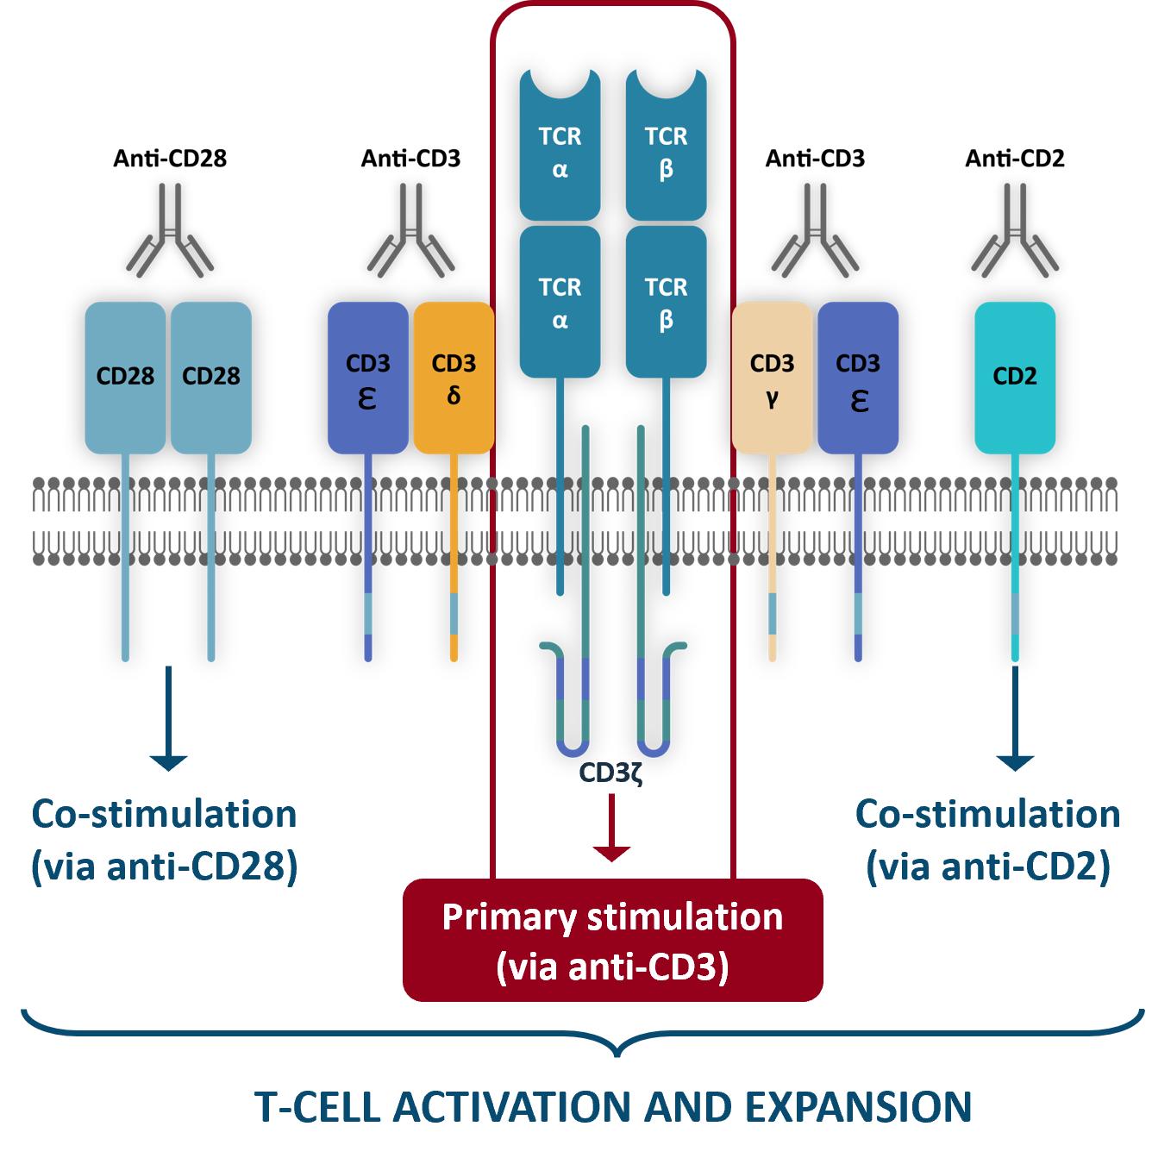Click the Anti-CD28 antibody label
pyautogui.click(x=170, y=159)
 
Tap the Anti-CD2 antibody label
pyautogui.click(x=1015, y=159)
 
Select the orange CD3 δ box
pyautogui.click(x=454, y=378)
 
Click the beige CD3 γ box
pyautogui.click(x=772, y=378)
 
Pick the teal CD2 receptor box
pyautogui.click(x=1015, y=378)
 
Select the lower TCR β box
pyautogui.click(x=666, y=302)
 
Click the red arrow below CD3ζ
pyautogui.click(x=611, y=828)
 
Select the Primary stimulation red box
pyautogui.click(x=613, y=941)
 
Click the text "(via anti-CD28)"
pyautogui.click(x=165, y=867)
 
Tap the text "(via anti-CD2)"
pyautogui.click(x=988, y=867)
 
